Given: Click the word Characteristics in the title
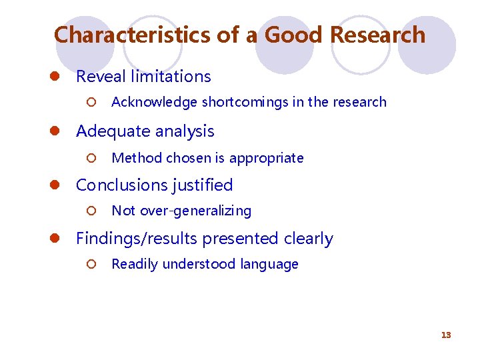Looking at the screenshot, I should point(133,35).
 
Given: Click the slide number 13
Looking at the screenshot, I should point(446,335).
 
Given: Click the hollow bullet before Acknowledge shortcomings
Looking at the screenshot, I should point(92,103).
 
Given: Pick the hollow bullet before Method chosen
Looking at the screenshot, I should point(92,159).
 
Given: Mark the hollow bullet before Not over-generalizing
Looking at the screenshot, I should point(92,211).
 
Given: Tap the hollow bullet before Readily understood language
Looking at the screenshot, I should point(92,265).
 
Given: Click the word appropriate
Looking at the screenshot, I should point(266,158).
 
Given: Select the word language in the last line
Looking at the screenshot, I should point(269,264).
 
